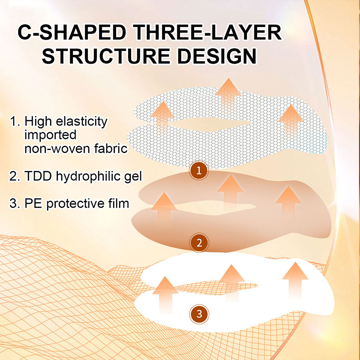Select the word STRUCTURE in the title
tap(106, 56)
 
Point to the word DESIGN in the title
tap(217, 56)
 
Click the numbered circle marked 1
tap(199, 170)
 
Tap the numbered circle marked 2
tap(199, 243)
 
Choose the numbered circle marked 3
tap(199, 314)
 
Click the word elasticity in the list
tap(82, 122)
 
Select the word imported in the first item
tap(50, 135)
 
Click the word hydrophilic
tap(88, 176)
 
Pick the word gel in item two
tap(133, 177)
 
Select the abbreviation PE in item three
tap(33, 203)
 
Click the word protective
tap(75, 204)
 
